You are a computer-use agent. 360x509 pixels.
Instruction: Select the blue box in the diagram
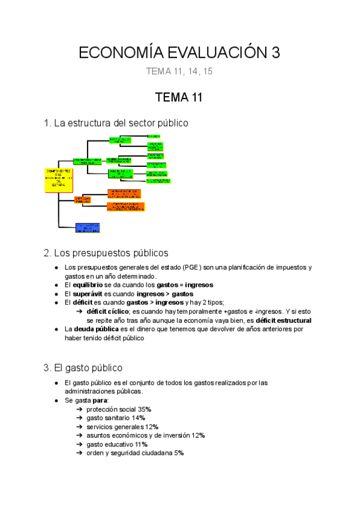[87, 228]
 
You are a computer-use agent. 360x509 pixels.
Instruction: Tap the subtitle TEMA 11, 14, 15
[180, 72]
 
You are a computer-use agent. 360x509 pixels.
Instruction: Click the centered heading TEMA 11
[180, 97]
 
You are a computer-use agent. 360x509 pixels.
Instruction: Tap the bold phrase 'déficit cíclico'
[107, 312]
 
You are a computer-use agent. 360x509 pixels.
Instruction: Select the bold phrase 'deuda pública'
[97, 330]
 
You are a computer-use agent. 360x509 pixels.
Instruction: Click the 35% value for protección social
[144, 409]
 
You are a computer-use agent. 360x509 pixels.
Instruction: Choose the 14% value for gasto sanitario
[138, 418]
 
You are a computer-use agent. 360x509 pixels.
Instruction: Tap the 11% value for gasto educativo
[140, 444]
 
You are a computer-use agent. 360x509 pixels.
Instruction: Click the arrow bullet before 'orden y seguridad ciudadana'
[80, 453]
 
